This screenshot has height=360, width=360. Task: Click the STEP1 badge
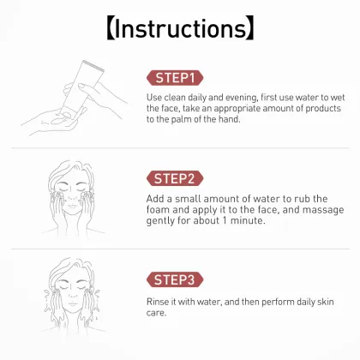[175, 78]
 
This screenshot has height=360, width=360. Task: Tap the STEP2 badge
[176, 178]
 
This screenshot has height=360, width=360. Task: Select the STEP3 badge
[176, 279]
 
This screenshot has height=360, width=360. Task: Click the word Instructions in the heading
[180, 27]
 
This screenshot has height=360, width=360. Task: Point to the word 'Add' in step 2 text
[156, 197]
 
